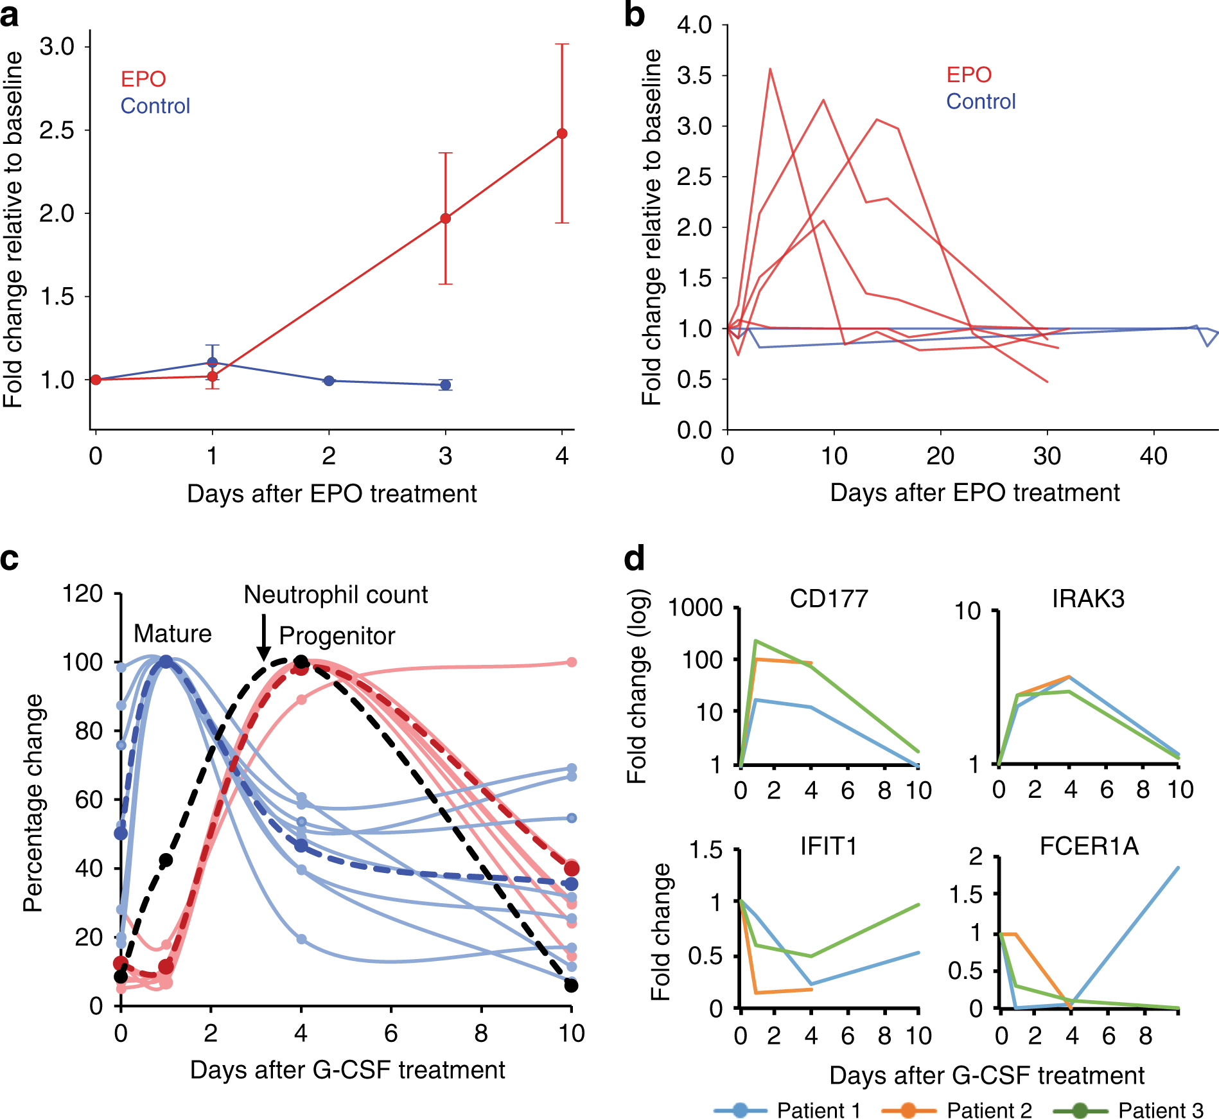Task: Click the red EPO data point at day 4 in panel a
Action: click(x=562, y=134)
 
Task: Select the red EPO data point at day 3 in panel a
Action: click(x=445, y=218)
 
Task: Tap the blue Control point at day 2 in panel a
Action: click(x=329, y=380)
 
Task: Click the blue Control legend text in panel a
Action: click(x=155, y=106)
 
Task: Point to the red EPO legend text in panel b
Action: click(x=969, y=75)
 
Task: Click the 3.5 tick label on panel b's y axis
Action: click(x=694, y=76)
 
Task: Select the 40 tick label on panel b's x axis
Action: click(x=1153, y=456)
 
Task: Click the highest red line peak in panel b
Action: click(x=769, y=69)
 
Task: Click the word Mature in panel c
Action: click(x=172, y=634)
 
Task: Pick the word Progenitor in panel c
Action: click(x=337, y=636)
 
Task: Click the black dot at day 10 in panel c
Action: click(x=571, y=985)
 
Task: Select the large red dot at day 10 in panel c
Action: click(x=571, y=868)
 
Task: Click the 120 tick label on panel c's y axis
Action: click(x=82, y=594)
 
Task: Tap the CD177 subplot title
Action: click(x=829, y=599)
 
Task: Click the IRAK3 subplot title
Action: click(x=1088, y=599)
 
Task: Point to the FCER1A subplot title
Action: click(x=1089, y=847)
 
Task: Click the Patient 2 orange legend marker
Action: click(x=908, y=1110)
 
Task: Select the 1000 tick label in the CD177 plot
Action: click(x=696, y=608)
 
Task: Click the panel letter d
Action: click(x=634, y=559)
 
